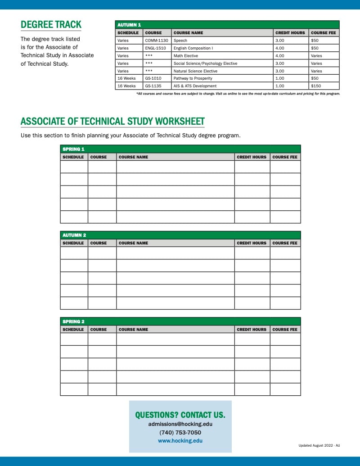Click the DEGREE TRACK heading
point(51,25)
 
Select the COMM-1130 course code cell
point(157,41)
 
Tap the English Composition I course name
point(193,48)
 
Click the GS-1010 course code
point(153,78)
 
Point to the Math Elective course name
point(185,56)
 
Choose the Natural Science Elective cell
point(195,71)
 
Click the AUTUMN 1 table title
point(129,25)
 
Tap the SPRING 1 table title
point(73,149)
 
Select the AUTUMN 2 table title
point(74,235)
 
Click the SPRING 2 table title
point(73,321)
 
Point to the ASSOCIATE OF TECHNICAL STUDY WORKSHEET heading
point(112,121)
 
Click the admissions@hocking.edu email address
point(180,424)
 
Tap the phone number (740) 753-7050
point(180,433)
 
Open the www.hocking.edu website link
point(180,441)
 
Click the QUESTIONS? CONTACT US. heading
point(180,415)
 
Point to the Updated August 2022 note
point(319,445)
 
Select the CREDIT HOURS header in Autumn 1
point(290,33)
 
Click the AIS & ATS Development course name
point(195,86)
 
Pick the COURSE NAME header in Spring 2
point(133,330)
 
